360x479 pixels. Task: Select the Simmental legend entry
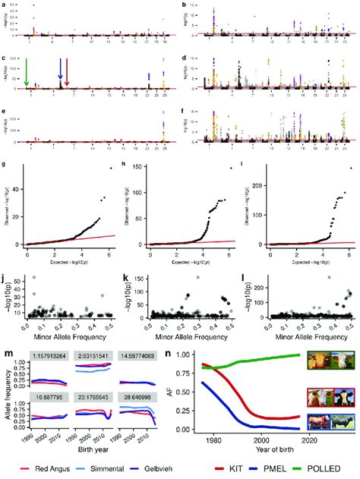94,469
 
